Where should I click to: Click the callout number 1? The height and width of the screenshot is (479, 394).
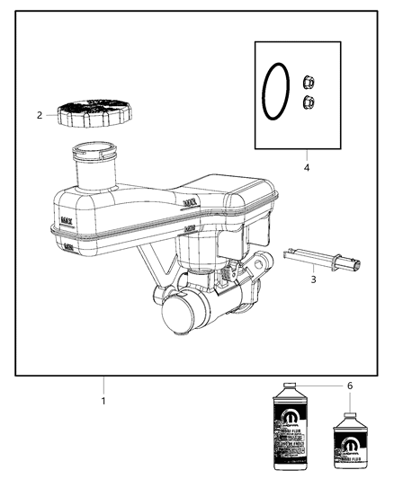(103, 400)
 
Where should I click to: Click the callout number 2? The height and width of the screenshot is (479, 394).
(40, 115)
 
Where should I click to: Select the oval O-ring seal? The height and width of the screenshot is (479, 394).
(277, 91)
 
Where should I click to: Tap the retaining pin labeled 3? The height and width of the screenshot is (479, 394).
(324, 259)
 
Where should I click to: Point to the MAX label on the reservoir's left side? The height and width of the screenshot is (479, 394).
(66, 218)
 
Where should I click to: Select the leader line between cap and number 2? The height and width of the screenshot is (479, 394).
(51, 115)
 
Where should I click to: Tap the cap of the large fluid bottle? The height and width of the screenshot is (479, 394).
(290, 390)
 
